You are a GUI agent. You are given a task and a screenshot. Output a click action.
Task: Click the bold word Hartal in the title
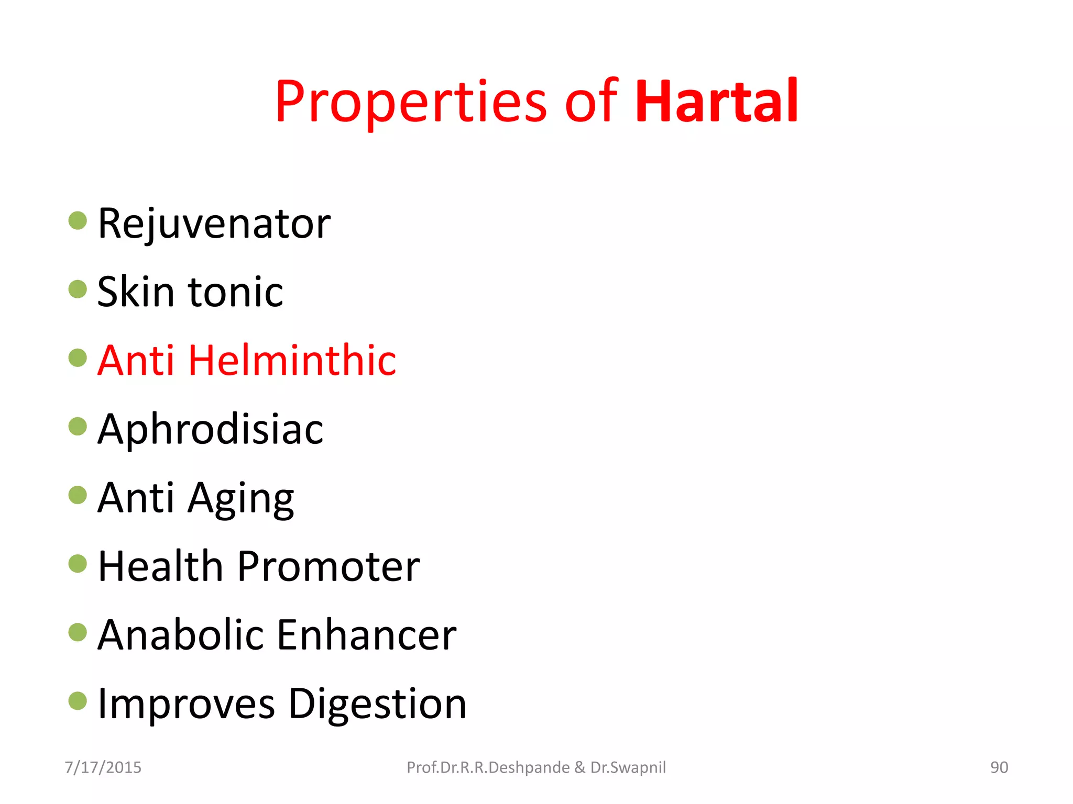(717, 102)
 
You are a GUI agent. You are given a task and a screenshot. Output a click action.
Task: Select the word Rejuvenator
(214, 224)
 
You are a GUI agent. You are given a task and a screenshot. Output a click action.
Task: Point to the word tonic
(235, 292)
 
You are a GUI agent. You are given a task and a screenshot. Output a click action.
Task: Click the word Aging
(241, 499)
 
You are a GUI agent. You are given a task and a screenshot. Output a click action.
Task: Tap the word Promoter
(329, 566)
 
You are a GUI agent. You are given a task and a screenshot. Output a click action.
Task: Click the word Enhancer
(366, 635)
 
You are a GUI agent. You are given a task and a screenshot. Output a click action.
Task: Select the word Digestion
(377, 705)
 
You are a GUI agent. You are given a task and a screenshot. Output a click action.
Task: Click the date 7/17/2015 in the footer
(103, 767)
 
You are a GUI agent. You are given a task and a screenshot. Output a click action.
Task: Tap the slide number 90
(999, 767)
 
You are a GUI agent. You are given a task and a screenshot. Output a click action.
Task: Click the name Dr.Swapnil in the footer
(628, 767)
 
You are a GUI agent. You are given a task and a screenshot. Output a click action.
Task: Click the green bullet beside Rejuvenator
(78, 220)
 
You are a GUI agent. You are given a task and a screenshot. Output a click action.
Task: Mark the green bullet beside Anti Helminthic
(78, 358)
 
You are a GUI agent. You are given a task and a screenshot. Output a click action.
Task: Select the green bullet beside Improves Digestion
(78, 701)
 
